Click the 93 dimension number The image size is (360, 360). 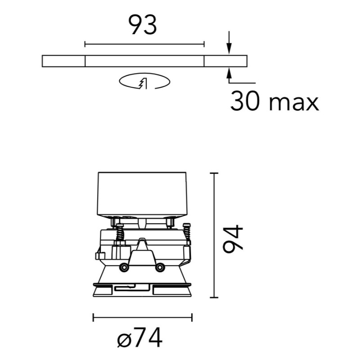(142, 25)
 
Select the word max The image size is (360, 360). (294, 104)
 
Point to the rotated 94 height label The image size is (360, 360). (233, 239)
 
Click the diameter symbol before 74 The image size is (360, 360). (124, 340)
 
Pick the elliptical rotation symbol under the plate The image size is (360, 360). (144, 81)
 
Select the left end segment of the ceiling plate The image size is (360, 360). (63, 61)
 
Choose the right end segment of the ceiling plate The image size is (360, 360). (225, 61)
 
